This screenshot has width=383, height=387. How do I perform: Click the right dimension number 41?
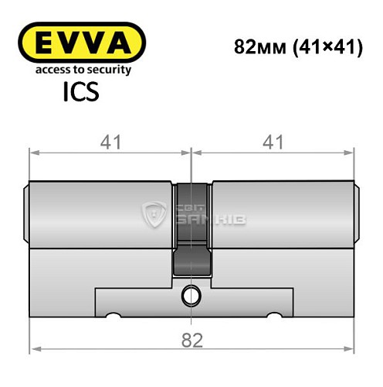pos(273,141)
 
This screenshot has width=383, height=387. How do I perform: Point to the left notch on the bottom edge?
pos(111,316)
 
